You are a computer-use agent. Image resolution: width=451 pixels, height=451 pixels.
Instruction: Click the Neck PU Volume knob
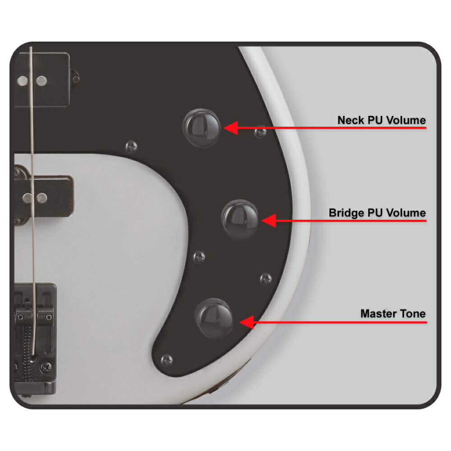202,128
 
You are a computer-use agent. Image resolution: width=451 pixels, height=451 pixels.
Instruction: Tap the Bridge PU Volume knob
240,219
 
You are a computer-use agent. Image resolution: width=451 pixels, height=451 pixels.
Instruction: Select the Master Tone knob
214,318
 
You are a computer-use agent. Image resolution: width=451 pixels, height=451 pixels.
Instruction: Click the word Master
378,313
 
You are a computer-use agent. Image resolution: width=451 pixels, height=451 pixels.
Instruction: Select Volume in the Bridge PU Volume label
406,213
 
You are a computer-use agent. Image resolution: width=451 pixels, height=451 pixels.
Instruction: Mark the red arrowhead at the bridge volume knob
269,221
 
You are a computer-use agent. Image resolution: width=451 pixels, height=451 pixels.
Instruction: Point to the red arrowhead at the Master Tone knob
247,322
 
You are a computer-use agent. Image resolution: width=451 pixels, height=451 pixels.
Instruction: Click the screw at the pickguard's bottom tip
166,360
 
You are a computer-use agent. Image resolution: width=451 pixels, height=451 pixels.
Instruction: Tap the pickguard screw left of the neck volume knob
131,147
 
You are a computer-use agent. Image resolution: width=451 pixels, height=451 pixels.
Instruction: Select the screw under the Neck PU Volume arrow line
261,132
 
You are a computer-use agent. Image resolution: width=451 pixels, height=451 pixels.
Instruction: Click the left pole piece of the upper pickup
23,81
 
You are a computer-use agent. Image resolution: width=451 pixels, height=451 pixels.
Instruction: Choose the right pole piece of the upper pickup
41,81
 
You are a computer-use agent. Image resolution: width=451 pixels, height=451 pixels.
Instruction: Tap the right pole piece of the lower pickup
42,198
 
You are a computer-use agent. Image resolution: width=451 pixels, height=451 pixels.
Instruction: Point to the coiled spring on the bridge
28,354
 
